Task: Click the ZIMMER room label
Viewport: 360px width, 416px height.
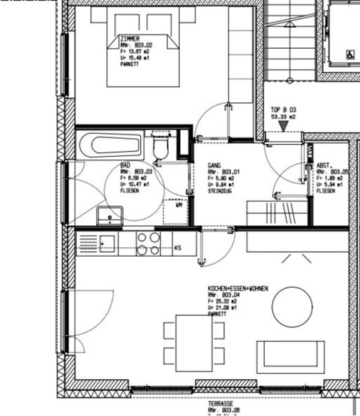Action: pos(129,38)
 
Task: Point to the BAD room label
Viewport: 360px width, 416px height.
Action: pos(125,165)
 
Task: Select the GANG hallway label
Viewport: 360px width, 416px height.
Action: pos(214,165)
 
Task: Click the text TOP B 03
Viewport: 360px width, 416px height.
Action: pos(283,110)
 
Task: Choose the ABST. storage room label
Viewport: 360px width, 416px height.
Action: pos(324,165)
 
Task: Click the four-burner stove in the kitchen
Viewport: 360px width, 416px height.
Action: pos(148,243)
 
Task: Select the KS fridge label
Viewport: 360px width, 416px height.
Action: pos(178,247)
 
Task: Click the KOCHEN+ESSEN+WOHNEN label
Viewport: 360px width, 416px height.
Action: pos(238,288)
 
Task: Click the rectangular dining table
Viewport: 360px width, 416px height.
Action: pos(194,342)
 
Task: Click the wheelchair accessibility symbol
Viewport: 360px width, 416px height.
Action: pos(349,53)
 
